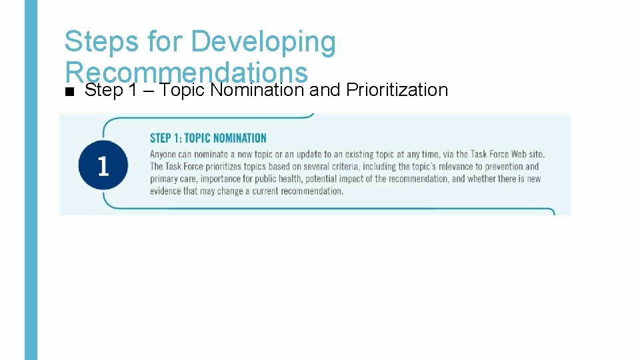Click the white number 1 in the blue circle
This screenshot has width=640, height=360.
103,166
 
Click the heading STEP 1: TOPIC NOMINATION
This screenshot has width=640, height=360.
208,138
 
